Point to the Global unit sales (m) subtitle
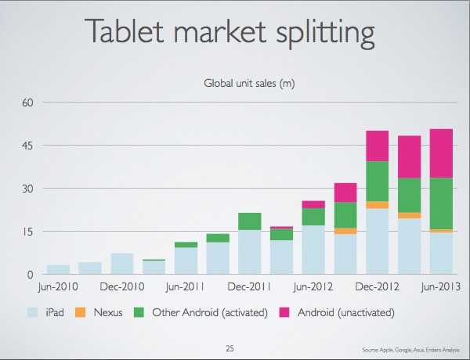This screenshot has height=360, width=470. tap(249, 82)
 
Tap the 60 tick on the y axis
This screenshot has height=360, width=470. tap(27, 103)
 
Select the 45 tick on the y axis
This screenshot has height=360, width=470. tap(27, 146)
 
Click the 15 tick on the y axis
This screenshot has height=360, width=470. tap(27, 232)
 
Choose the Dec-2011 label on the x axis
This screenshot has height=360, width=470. tap(250, 286)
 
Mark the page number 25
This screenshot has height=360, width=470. tap(230, 347)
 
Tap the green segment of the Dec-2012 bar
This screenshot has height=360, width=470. tap(378, 181)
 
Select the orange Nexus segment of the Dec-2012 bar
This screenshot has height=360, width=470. tap(378, 204)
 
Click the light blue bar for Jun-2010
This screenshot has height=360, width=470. tap(58, 269)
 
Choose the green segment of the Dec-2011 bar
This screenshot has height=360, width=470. tap(250, 221)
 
